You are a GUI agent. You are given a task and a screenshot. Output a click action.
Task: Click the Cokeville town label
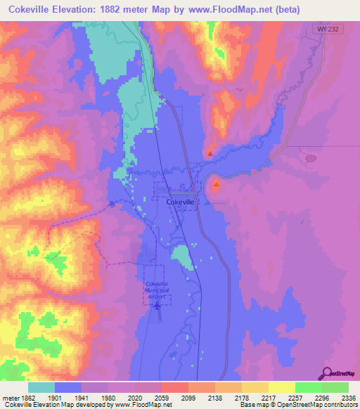coord(181,202)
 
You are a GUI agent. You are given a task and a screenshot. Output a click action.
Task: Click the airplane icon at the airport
coord(157,304)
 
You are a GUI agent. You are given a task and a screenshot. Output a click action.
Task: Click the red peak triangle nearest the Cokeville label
coord(216,185)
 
